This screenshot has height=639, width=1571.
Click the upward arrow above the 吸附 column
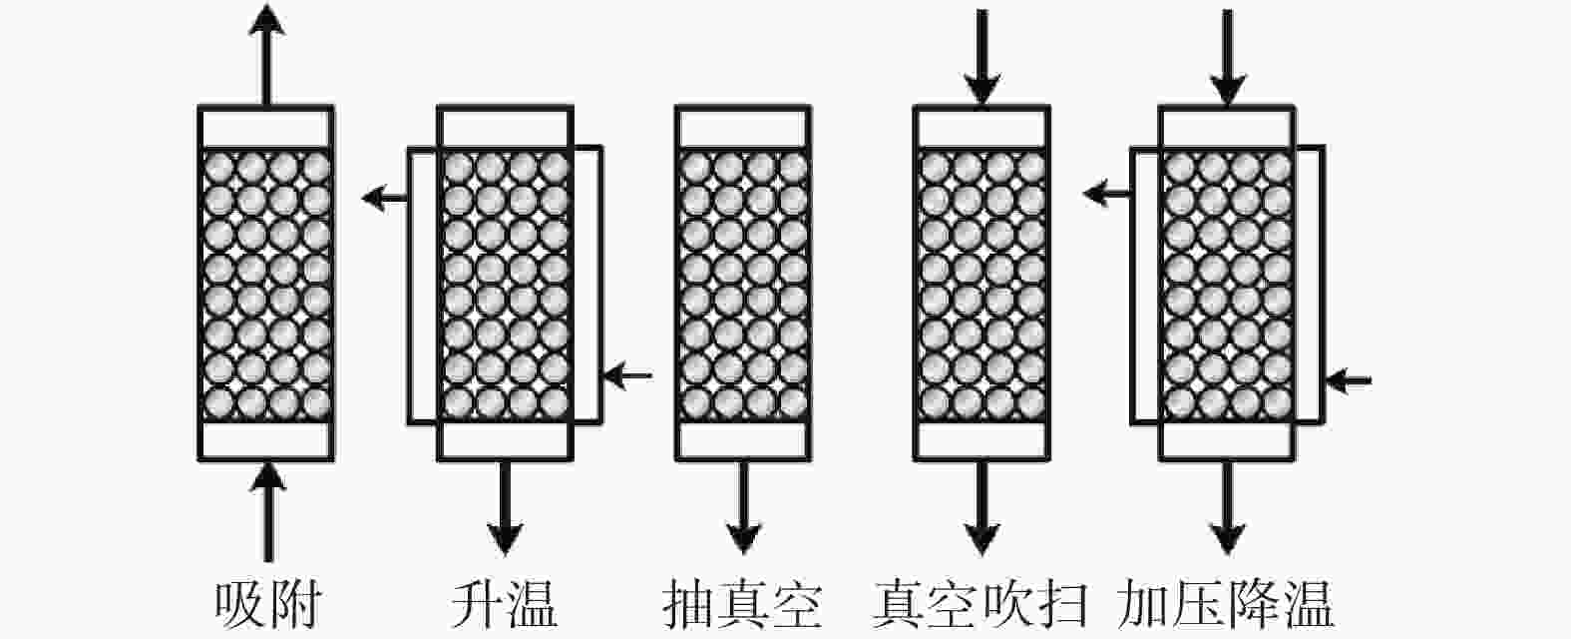point(266,55)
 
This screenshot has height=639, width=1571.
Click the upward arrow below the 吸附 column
point(267,511)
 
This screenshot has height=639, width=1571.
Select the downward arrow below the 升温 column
point(505,507)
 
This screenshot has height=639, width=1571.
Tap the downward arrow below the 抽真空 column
point(743,507)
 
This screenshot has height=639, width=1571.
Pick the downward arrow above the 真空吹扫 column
point(982,58)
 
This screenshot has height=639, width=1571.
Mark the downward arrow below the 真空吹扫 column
point(982,507)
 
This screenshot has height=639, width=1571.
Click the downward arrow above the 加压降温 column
point(1227,58)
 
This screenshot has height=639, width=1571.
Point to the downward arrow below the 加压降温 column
point(1227,507)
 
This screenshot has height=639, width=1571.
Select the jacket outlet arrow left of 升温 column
point(385,198)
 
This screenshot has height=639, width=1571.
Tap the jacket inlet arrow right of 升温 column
point(627,375)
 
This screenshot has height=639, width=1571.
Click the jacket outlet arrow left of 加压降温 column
point(1107,193)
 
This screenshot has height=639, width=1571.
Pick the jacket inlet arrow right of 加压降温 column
point(1349,380)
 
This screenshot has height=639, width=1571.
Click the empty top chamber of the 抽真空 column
point(743,128)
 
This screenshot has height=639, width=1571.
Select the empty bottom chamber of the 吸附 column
point(266,439)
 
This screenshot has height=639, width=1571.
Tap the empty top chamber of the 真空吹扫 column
point(982,128)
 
